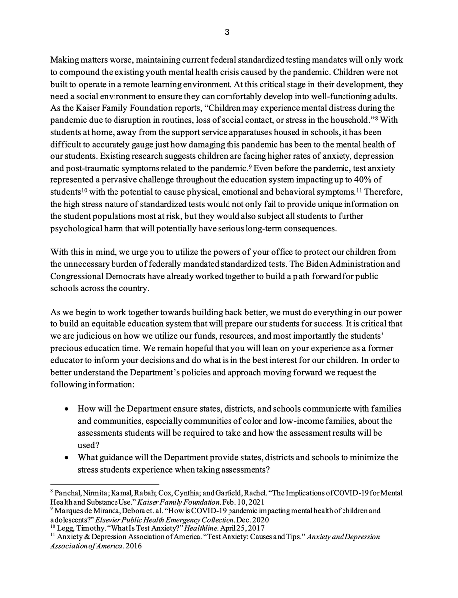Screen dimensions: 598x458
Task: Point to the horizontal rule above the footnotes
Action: [105, 484]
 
